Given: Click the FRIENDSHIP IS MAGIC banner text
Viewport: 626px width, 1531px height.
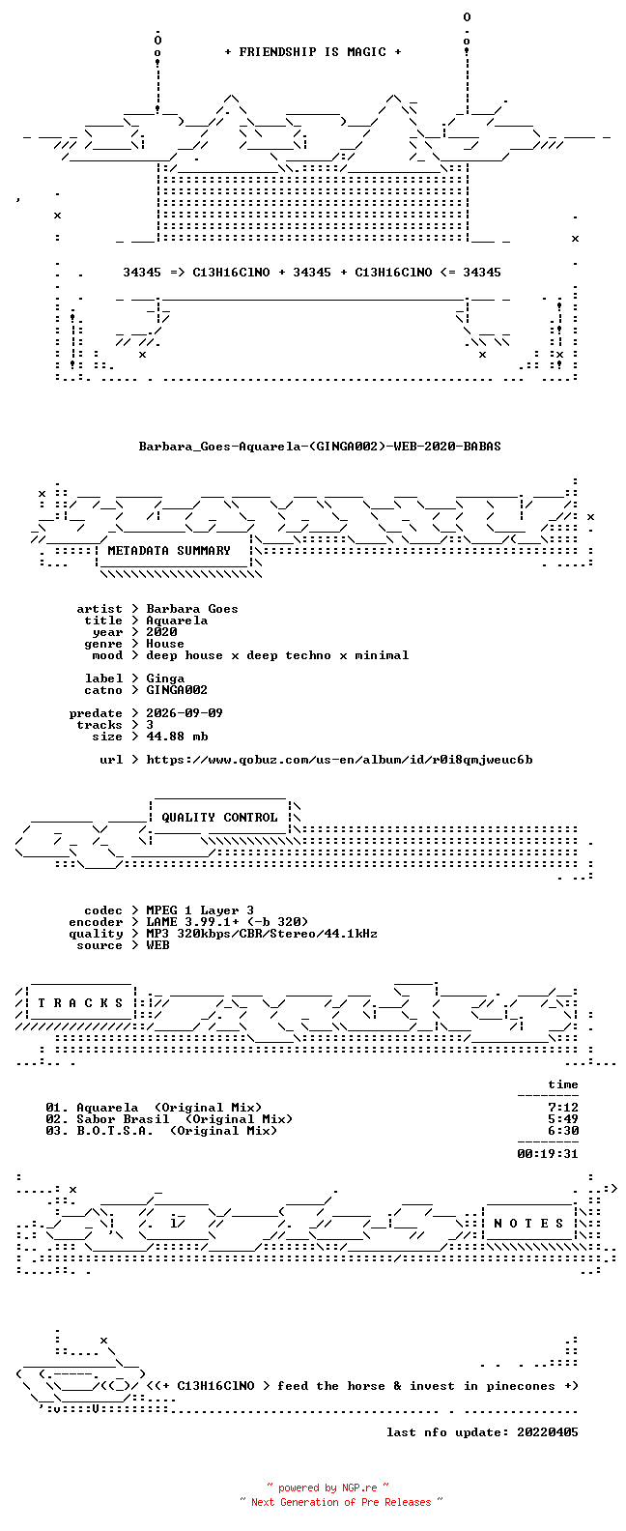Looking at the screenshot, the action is click(313, 52).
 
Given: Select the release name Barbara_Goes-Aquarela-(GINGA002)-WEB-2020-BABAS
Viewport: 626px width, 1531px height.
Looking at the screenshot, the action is click(320, 447).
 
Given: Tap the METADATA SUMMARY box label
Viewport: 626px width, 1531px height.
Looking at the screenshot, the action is click(169, 550).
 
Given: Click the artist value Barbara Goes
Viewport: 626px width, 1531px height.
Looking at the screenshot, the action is click(192, 609).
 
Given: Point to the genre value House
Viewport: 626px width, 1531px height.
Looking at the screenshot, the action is click(164, 644).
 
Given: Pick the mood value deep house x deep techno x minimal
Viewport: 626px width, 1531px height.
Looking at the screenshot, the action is click(277, 655).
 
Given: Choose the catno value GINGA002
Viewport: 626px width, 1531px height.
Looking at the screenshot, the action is click(177, 690).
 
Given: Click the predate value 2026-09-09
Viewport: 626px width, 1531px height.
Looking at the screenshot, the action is click(185, 713).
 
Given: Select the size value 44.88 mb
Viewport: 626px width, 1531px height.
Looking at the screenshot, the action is click(177, 737).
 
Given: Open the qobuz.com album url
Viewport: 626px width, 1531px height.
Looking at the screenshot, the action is click(340, 760).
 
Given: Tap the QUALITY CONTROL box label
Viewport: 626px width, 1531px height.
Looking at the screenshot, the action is click(219, 818).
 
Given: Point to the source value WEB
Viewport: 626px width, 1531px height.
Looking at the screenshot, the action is click(157, 945).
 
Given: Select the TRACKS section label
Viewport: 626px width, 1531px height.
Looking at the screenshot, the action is click(80, 1003).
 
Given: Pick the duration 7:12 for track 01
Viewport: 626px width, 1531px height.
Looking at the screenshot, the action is click(563, 1108).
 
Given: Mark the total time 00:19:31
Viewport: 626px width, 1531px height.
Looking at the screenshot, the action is click(548, 1154).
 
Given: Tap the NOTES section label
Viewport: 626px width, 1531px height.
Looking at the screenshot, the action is click(528, 1224).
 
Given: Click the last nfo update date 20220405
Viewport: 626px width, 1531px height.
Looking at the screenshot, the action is click(548, 1432).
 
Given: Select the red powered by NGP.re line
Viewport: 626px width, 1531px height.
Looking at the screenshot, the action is click(328, 1488).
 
